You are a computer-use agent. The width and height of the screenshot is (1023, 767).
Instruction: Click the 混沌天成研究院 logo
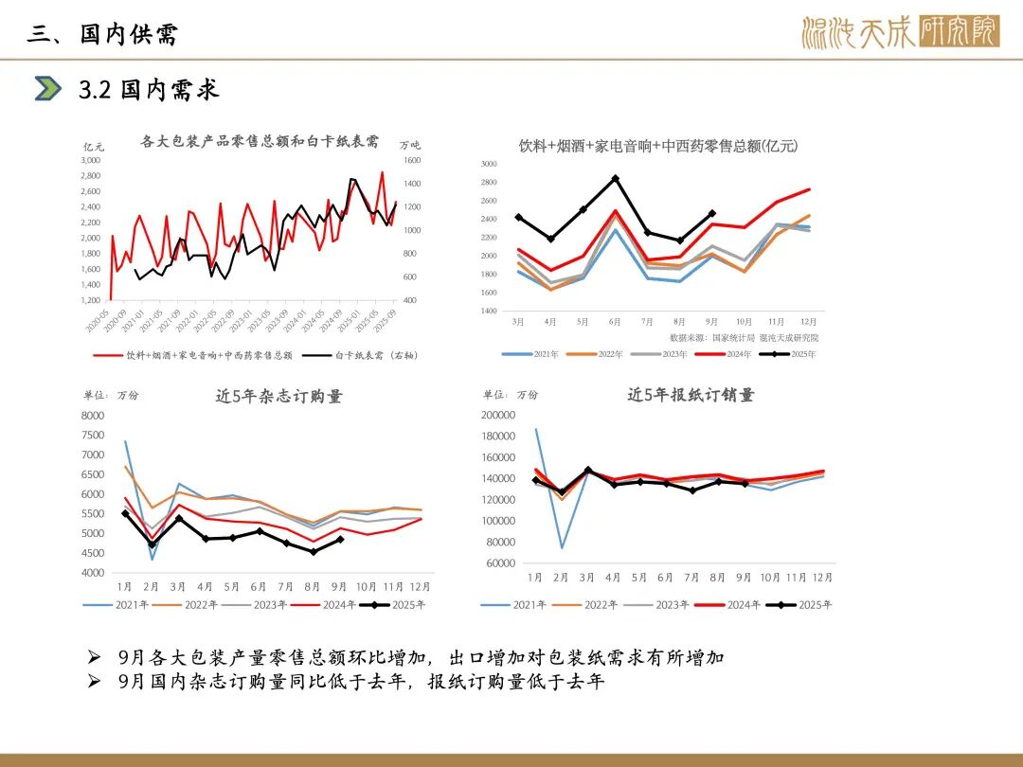pyautogui.click(x=899, y=31)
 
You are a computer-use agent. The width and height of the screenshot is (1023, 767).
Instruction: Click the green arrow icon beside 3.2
pyautogui.click(x=47, y=88)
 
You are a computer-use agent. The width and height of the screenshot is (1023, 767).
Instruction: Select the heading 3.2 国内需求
pyautogui.click(x=149, y=89)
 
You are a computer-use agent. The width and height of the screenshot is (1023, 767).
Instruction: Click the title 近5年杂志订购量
pyautogui.click(x=278, y=397)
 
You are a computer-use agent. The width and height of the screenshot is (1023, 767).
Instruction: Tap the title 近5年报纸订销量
pyautogui.click(x=691, y=395)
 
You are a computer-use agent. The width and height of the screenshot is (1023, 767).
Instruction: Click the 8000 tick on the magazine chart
pyautogui.click(x=93, y=415)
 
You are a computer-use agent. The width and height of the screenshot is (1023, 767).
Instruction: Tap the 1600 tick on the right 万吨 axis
pyautogui.click(x=412, y=160)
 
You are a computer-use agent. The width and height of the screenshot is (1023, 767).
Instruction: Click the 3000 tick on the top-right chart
pyautogui.click(x=489, y=164)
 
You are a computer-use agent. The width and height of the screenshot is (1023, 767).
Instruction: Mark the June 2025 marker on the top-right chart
pyautogui.click(x=615, y=178)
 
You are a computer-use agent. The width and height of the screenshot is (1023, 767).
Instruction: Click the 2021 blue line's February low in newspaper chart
pyautogui.click(x=562, y=547)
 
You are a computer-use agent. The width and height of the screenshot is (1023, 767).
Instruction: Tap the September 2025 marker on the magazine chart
pyautogui.click(x=340, y=540)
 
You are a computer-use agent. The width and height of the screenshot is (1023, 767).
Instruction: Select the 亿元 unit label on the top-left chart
pyautogui.click(x=94, y=146)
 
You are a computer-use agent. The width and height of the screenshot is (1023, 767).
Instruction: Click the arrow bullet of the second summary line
pyautogui.click(x=93, y=682)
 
